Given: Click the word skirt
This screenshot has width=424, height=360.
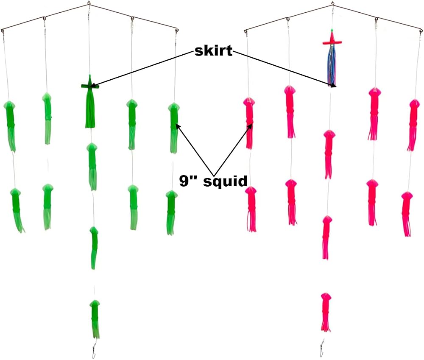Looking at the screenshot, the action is click(x=213, y=51).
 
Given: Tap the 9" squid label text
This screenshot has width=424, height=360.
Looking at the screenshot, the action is click(x=213, y=181).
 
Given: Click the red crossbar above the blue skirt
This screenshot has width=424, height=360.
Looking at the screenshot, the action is click(x=332, y=42).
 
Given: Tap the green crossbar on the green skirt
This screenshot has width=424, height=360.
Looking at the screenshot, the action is click(x=90, y=87).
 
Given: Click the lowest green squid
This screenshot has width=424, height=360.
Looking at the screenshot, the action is click(x=95, y=319).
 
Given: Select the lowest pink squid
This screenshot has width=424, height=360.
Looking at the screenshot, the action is click(x=326, y=313).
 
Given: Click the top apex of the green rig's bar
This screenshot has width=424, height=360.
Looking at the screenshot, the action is click(x=89, y=3).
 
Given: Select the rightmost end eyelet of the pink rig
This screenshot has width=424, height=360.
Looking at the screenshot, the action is click(x=421, y=31).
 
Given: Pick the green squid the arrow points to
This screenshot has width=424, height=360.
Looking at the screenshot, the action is click(x=173, y=128).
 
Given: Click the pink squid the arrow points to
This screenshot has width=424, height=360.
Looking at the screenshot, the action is click(x=249, y=123).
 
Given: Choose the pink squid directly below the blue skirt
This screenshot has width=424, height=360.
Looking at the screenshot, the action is click(x=329, y=154).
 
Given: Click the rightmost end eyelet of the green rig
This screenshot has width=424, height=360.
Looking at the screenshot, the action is click(x=177, y=30).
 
